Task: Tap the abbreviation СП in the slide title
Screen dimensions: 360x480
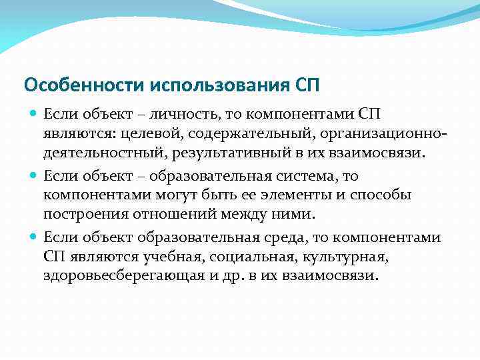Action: click(306, 85)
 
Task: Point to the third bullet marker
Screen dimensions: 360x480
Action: click(34, 237)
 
